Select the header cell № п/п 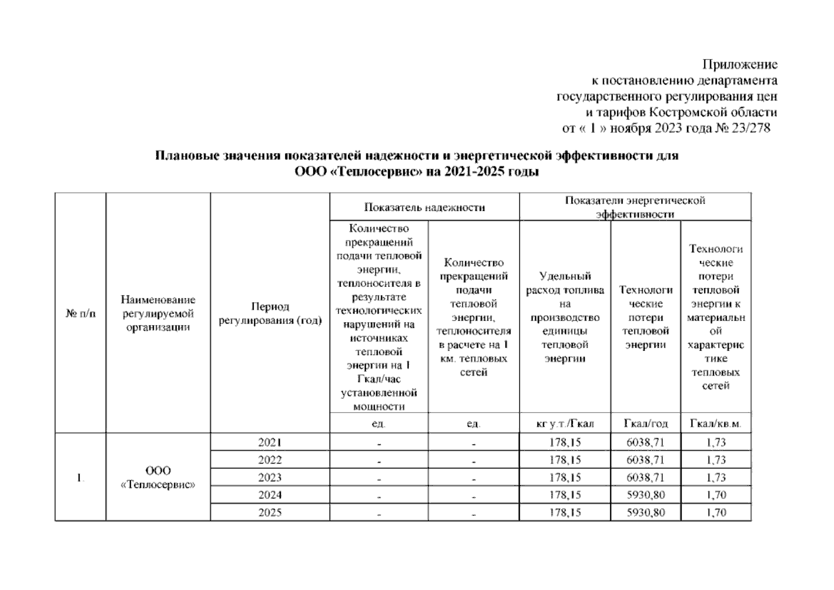point(81,313)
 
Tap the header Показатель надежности point(424,207)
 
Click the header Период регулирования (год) point(270,314)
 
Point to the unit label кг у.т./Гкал point(565,424)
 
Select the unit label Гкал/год point(646,424)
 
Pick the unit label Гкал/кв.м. point(715,424)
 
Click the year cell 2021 point(270,442)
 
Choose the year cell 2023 point(270,477)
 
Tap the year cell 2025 point(270,513)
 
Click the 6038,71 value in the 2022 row point(646,460)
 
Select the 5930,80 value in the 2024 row point(646,495)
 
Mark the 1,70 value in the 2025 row point(716,513)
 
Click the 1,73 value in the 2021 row point(716,442)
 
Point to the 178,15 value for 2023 point(565,477)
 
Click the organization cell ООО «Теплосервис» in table point(158,477)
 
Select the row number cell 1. point(80,477)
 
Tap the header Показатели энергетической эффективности point(635,207)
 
